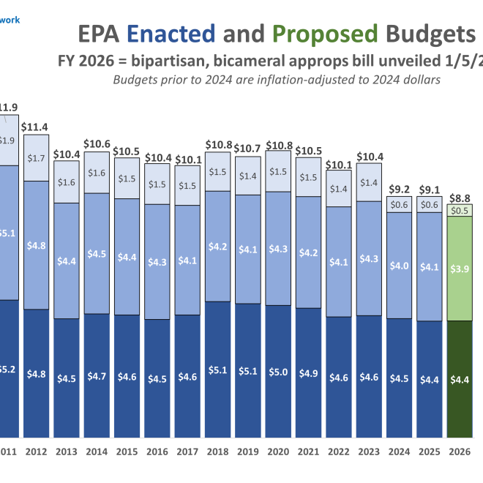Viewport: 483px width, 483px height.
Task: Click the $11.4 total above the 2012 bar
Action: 34,127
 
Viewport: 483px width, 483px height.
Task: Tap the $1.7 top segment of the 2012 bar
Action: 36,157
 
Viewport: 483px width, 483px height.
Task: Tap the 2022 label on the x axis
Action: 340,452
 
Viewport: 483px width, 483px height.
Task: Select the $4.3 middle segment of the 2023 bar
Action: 370,258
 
